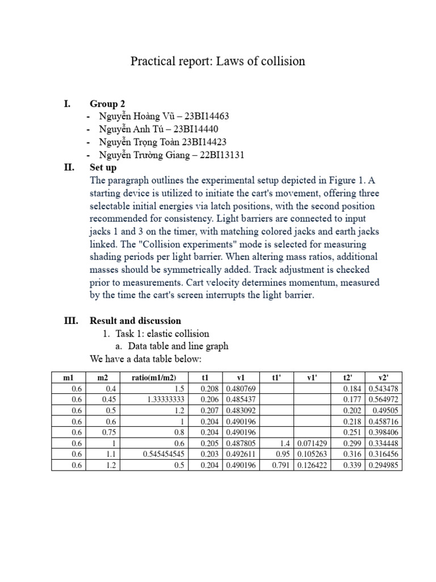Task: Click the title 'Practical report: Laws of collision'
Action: [x=218, y=61]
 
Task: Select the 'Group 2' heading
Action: [x=107, y=103]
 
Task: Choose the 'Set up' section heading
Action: [x=103, y=168]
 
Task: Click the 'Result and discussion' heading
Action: [x=135, y=321]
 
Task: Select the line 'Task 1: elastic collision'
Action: [x=162, y=334]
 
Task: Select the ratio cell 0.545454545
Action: [x=160, y=454]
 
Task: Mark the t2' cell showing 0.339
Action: [x=355, y=465]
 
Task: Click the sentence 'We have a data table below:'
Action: [x=145, y=359]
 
